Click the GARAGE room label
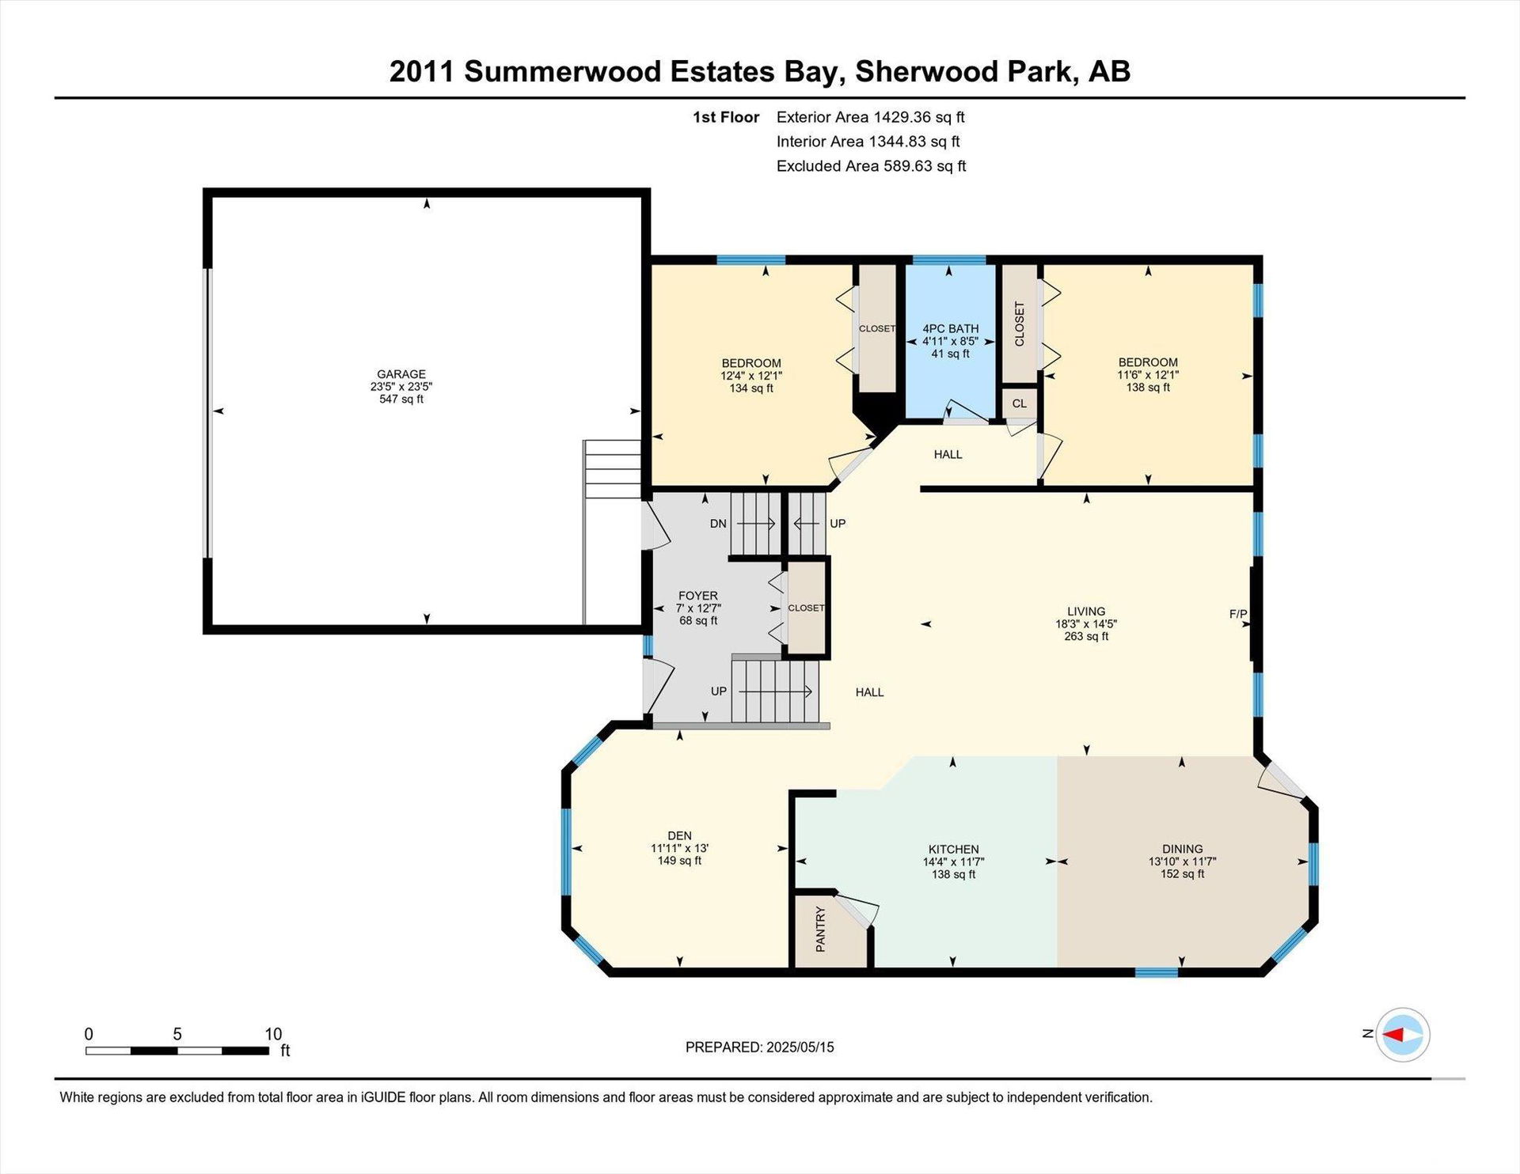click(401, 374)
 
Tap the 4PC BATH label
click(951, 328)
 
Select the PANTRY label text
click(820, 930)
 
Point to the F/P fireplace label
click(1238, 614)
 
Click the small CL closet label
click(1020, 403)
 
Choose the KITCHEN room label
click(954, 849)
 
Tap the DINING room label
click(1183, 849)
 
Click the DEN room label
click(679, 835)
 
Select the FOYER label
click(698, 596)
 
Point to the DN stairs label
click(718, 524)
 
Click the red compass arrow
click(1393, 1034)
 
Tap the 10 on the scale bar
click(273, 1034)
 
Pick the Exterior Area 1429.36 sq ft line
click(871, 117)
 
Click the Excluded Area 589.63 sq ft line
click(872, 166)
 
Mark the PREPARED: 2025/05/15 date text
click(760, 1047)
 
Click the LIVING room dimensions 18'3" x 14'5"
click(1086, 623)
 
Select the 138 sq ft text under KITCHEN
click(954, 874)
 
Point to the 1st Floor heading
click(726, 117)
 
